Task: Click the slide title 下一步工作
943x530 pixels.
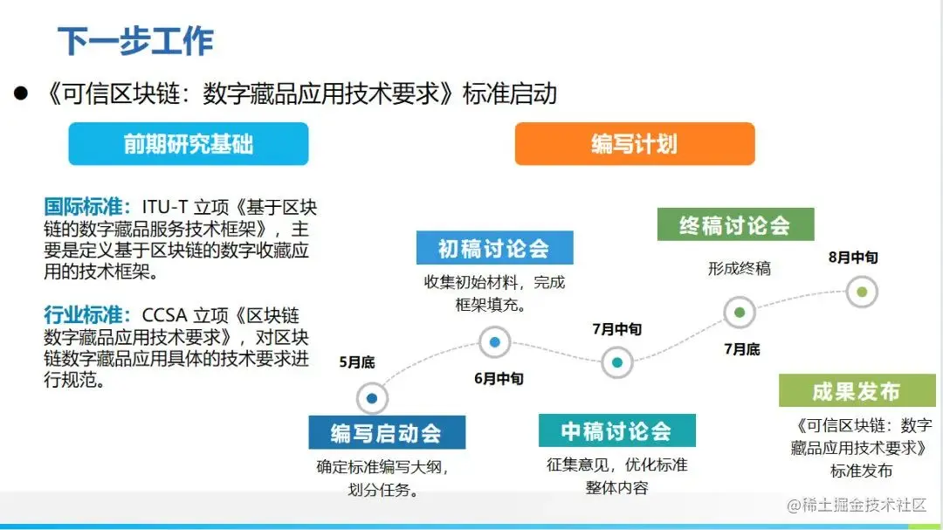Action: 135,41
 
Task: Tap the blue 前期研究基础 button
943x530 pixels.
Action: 189,144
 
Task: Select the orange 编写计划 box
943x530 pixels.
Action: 634,144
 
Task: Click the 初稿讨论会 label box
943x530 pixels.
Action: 494,248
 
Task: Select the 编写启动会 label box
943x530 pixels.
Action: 386,432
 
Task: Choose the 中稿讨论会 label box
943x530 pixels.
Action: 616,430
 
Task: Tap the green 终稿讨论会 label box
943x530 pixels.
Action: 735,224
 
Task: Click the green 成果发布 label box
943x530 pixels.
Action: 857,391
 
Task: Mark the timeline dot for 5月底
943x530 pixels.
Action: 372,398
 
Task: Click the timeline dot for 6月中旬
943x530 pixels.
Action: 495,342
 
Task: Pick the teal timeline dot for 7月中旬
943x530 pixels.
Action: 617,361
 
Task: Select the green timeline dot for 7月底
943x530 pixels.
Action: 740,312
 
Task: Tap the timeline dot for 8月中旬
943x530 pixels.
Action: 862,292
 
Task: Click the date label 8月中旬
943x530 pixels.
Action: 853,258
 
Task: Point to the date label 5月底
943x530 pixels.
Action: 356,361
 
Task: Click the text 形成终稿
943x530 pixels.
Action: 739,268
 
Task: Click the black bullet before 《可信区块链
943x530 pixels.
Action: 22,93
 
